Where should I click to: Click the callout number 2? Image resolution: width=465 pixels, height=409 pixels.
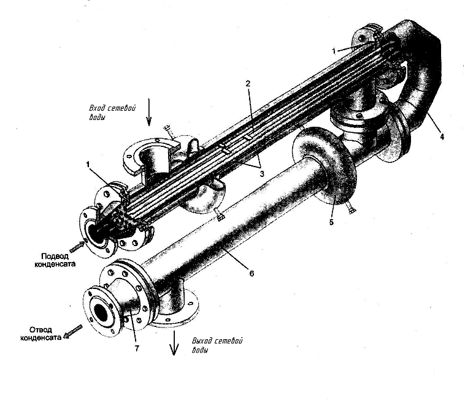(248, 84)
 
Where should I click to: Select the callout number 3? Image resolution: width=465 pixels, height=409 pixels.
(261, 174)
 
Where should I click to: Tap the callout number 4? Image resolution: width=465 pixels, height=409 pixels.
(442, 137)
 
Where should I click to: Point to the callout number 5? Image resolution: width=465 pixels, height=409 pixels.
(331, 222)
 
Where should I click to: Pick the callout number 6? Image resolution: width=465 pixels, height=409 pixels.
(252, 274)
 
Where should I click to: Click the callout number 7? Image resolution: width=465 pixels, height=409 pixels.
(137, 348)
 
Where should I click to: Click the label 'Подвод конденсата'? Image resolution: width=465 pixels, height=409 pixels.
(55, 260)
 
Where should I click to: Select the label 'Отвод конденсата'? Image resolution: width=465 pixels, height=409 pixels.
(41, 334)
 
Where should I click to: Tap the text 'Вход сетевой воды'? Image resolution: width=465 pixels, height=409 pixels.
(112, 112)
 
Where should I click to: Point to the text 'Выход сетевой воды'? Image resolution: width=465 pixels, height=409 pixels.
(217, 345)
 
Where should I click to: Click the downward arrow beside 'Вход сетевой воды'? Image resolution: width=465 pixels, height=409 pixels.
(149, 112)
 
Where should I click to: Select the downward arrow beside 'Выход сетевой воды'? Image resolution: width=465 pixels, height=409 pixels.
(174, 343)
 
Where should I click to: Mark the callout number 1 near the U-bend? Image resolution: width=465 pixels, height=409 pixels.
(334, 51)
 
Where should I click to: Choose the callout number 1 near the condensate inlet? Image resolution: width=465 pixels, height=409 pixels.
(88, 165)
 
